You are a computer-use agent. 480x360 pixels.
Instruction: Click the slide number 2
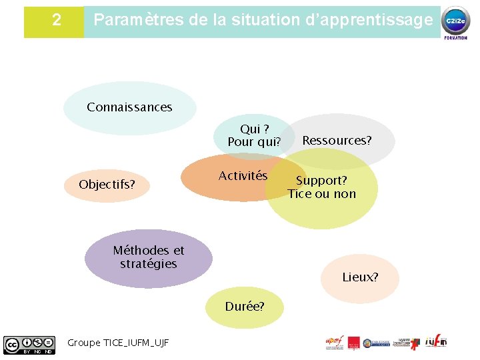tap(56, 20)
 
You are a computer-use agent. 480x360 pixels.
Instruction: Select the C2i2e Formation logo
tap(456, 21)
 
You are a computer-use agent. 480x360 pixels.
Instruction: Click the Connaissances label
tap(129, 107)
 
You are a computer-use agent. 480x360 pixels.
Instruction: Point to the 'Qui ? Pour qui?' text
tap(254, 135)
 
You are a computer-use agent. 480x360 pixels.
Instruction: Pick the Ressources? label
tap(337, 140)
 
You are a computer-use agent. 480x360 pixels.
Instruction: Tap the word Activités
tap(243, 176)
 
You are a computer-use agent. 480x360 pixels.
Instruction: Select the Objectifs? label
tap(107, 184)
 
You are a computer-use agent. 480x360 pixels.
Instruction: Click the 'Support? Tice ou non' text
tap(321, 187)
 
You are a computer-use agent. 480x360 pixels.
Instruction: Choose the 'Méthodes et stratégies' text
tap(149, 257)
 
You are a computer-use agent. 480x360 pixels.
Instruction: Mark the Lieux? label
tap(360, 277)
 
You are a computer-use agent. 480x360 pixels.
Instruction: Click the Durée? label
tap(245, 307)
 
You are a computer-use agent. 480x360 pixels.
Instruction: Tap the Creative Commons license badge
tap(29, 344)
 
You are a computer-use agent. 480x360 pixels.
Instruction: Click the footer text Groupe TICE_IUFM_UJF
tap(118, 343)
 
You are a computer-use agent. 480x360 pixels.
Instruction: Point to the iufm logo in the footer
tap(436, 342)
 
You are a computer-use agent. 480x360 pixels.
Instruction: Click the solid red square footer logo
tap(354, 343)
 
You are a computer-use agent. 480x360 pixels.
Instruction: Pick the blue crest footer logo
tap(377, 342)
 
